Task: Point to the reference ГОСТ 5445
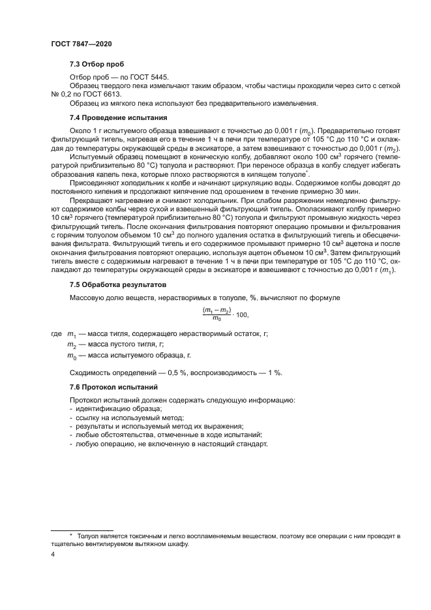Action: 153,77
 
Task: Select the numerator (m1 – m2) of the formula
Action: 217,309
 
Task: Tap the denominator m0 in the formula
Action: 217,318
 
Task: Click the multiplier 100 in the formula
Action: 241,314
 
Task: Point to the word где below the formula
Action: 57,334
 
